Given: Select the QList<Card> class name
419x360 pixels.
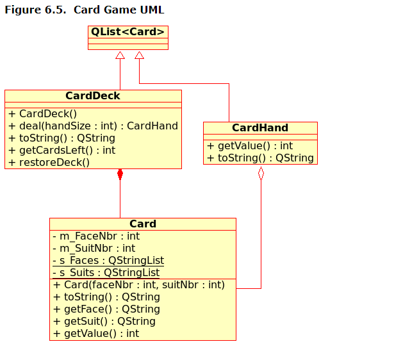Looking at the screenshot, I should click(x=127, y=32).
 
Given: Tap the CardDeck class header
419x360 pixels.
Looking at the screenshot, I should click(x=93, y=96).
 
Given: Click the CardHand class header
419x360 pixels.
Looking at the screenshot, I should click(x=260, y=128).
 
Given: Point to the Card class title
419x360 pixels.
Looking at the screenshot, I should click(x=143, y=224).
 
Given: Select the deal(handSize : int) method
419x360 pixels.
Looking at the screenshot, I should click(x=93, y=126).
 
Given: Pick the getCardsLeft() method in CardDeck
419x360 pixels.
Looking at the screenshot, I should click(x=62, y=151).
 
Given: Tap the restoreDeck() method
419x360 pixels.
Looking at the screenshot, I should click(x=49, y=163).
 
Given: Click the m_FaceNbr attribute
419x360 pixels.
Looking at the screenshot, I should click(x=96, y=236).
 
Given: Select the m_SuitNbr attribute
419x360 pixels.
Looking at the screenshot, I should click(x=94, y=249).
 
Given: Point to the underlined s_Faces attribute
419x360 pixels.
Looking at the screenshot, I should click(x=108, y=261).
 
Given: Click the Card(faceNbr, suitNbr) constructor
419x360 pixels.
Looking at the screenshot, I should click(x=139, y=285).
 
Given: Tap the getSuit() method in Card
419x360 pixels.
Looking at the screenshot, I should click(x=104, y=322).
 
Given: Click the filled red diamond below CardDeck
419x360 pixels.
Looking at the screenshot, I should click(x=120, y=174).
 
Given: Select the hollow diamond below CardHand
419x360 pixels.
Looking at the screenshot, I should click(x=261, y=174).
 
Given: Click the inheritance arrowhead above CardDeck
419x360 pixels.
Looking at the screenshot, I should click(x=120, y=56).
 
